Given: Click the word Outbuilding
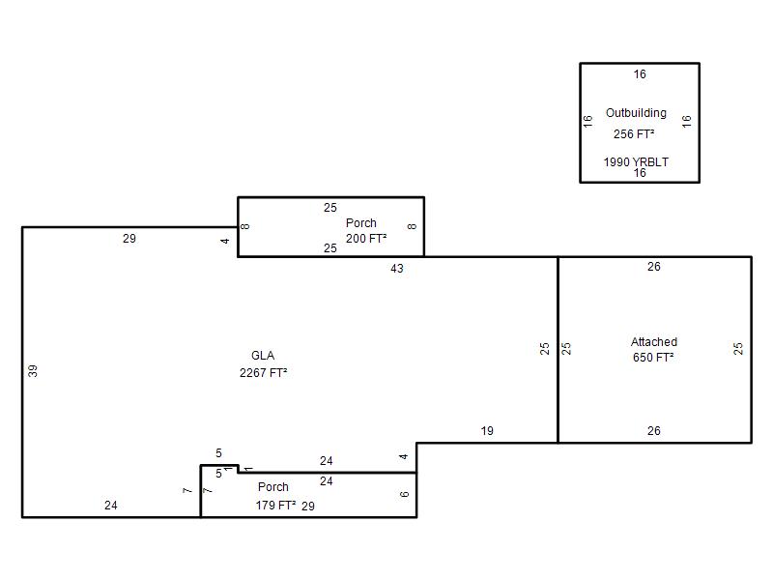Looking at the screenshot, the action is click(636, 113).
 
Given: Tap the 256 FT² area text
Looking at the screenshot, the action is click(634, 134).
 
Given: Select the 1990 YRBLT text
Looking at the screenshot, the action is click(636, 161).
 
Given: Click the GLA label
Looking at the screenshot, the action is click(263, 356).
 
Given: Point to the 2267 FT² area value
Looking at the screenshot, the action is click(263, 373).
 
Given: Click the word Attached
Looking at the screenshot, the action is click(654, 342).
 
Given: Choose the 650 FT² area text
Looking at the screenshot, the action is click(653, 357).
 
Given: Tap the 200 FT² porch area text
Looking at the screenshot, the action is click(366, 239).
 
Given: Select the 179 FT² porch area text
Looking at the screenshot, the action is click(275, 506).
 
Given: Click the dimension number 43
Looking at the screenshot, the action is click(397, 269).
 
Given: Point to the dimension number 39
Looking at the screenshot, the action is click(33, 371).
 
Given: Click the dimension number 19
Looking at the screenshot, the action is click(487, 431).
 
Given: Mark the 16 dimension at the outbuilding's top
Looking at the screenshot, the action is click(640, 74).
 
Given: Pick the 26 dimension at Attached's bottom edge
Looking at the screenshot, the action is click(654, 431).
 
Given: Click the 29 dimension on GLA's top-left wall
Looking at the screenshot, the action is click(129, 239).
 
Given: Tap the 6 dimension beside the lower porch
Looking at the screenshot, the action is click(404, 494).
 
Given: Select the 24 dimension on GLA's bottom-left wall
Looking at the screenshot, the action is click(111, 506).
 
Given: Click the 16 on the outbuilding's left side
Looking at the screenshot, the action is click(587, 122).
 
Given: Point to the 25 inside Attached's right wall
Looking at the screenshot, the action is click(737, 349).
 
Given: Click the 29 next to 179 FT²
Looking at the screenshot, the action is click(308, 506).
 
